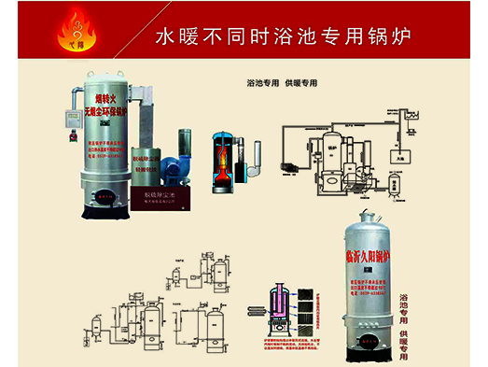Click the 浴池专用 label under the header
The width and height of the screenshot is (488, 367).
pyautogui.click(x=262, y=83)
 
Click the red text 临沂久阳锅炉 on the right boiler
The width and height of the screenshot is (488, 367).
pyautogui.click(x=369, y=248)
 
